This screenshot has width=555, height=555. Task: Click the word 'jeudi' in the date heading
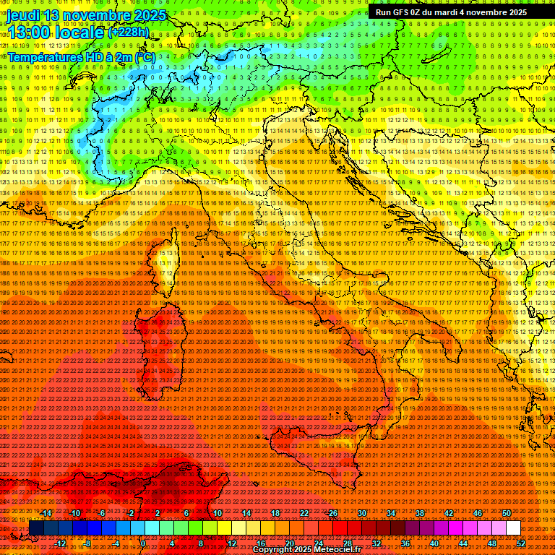tap(24, 15)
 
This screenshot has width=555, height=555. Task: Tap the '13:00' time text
tap(28, 33)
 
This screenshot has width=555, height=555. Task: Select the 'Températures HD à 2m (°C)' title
tap(81, 57)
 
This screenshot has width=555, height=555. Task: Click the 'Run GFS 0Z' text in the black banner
tap(400, 12)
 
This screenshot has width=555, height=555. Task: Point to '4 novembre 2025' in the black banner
tap(494, 12)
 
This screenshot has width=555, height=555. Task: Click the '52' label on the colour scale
tap(520, 543)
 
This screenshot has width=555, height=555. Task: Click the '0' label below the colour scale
tap(144, 543)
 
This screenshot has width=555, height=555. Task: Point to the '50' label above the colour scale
tap(507, 513)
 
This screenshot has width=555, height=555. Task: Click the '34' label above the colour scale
tap(391, 513)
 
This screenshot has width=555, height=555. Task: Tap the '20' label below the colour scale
tap(289, 543)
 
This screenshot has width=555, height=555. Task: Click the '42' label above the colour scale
tap(449, 513)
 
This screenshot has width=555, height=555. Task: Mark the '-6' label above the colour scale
tap(103, 513)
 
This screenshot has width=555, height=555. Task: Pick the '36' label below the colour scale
tap(405, 543)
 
